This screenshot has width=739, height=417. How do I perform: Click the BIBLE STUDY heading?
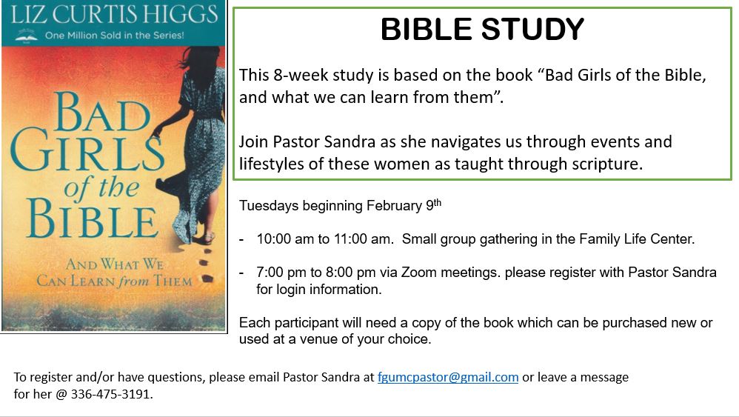[x=482, y=29]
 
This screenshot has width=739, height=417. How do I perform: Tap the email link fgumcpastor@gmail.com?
[x=448, y=378]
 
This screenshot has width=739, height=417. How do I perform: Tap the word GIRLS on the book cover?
[x=87, y=150]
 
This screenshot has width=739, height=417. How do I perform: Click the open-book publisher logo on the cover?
[x=27, y=36]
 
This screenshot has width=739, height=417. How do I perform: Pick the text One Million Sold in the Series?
[x=115, y=36]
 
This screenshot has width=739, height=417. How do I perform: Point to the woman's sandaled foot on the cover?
[x=207, y=239]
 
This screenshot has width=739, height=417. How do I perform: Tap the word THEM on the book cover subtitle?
[x=173, y=281]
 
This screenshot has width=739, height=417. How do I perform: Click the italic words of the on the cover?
[x=101, y=188]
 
